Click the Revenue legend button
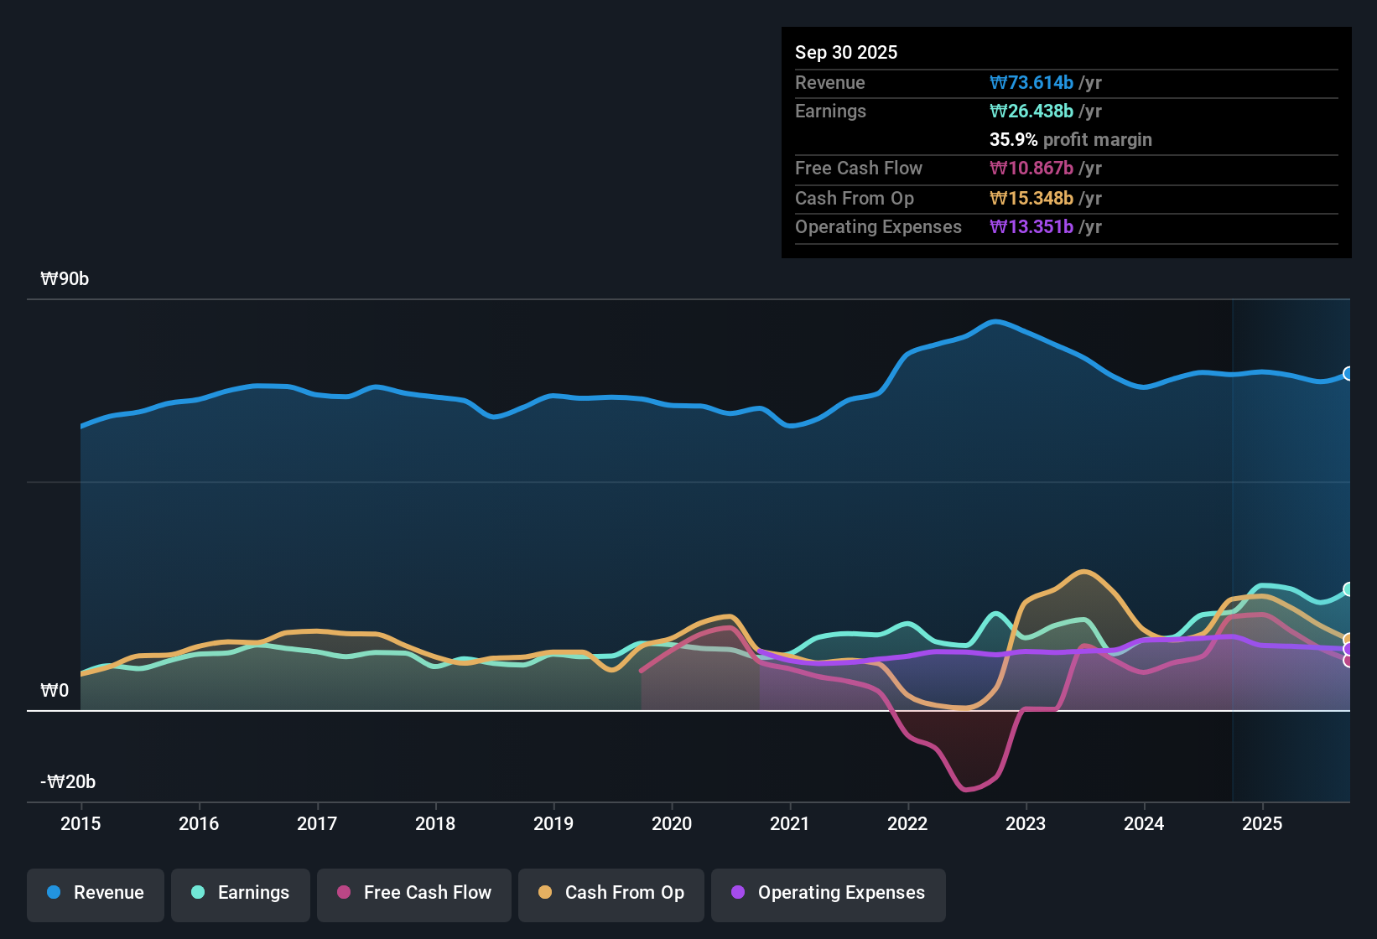pyautogui.click(x=96, y=893)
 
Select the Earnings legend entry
pyautogui.click(x=241, y=893)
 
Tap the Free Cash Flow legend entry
pyautogui.click(x=414, y=893)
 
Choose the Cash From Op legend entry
pyautogui.click(x=611, y=893)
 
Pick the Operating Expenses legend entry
pyautogui.click(x=829, y=893)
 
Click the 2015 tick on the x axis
pyautogui.click(x=81, y=823)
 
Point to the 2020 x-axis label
pyautogui.click(x=672, y=823)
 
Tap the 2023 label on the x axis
pyautogui.click(x=1026, y=823)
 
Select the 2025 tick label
pyautogui.click(x=1262, y=823)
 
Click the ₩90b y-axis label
pyautogui.click(x=65, y=279)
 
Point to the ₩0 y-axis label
pyautogui.click(x=55, y=691)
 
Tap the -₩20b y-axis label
pyautogui.click(x=68, y=782)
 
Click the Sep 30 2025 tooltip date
pyautogui.click(x=846, y=52)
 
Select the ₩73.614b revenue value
pyautogui.click(x=1031, y=82)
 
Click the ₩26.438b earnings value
pyautogui.click(x=1031, y=111)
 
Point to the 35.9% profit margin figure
pyautogui.click(x=1013, y=139)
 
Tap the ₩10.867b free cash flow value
pyautogui.click(x=1031, y=168)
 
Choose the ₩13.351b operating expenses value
pyautogui.click(x=1031, y=226)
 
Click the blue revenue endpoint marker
pyautogui.click(x=1348, y=374)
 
